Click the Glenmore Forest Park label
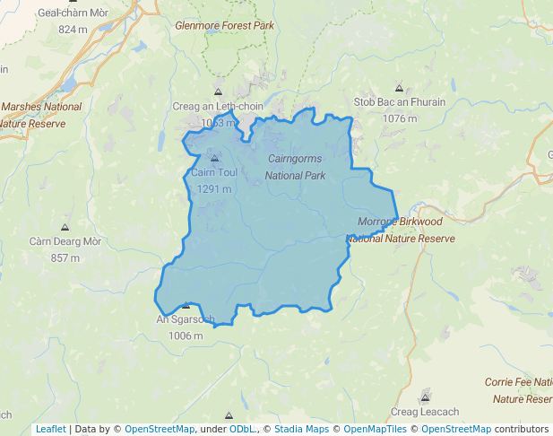point(225,25)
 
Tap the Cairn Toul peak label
point(214,172)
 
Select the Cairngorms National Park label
point(296,167)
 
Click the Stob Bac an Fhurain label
point(400,102)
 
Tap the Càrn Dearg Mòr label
point(65,241)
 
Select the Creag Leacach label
point(425,412)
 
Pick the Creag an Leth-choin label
point(218,106)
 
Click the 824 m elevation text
point(72,30)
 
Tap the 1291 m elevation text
point(214,188)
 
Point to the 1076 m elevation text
point(400,118)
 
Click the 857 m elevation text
point(65,257)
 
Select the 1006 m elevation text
point(186,336)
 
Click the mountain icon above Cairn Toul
point(214,157)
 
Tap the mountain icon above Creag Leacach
point(425,397)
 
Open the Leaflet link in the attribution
point(50,429)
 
